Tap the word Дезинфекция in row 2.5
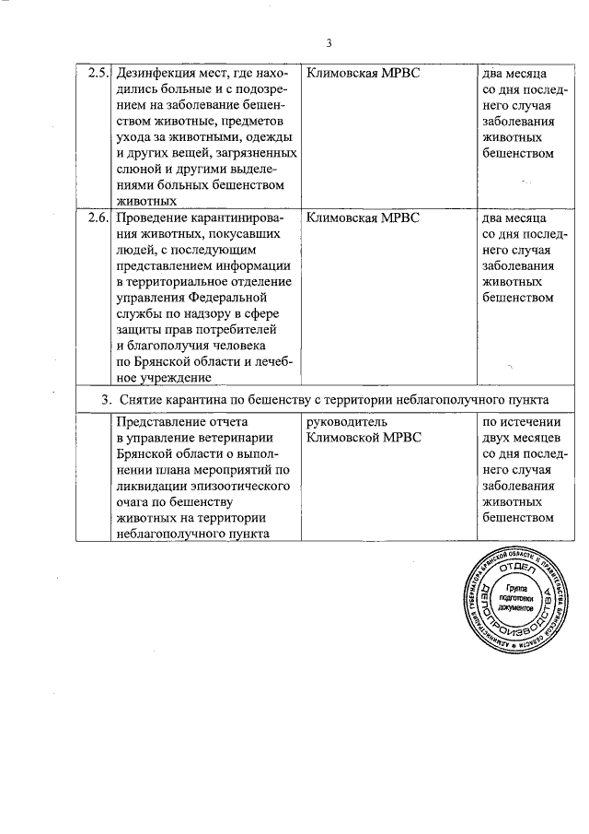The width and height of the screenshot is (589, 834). tap(157, 73)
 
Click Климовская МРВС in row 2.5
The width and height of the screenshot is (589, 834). tap(362, 73)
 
